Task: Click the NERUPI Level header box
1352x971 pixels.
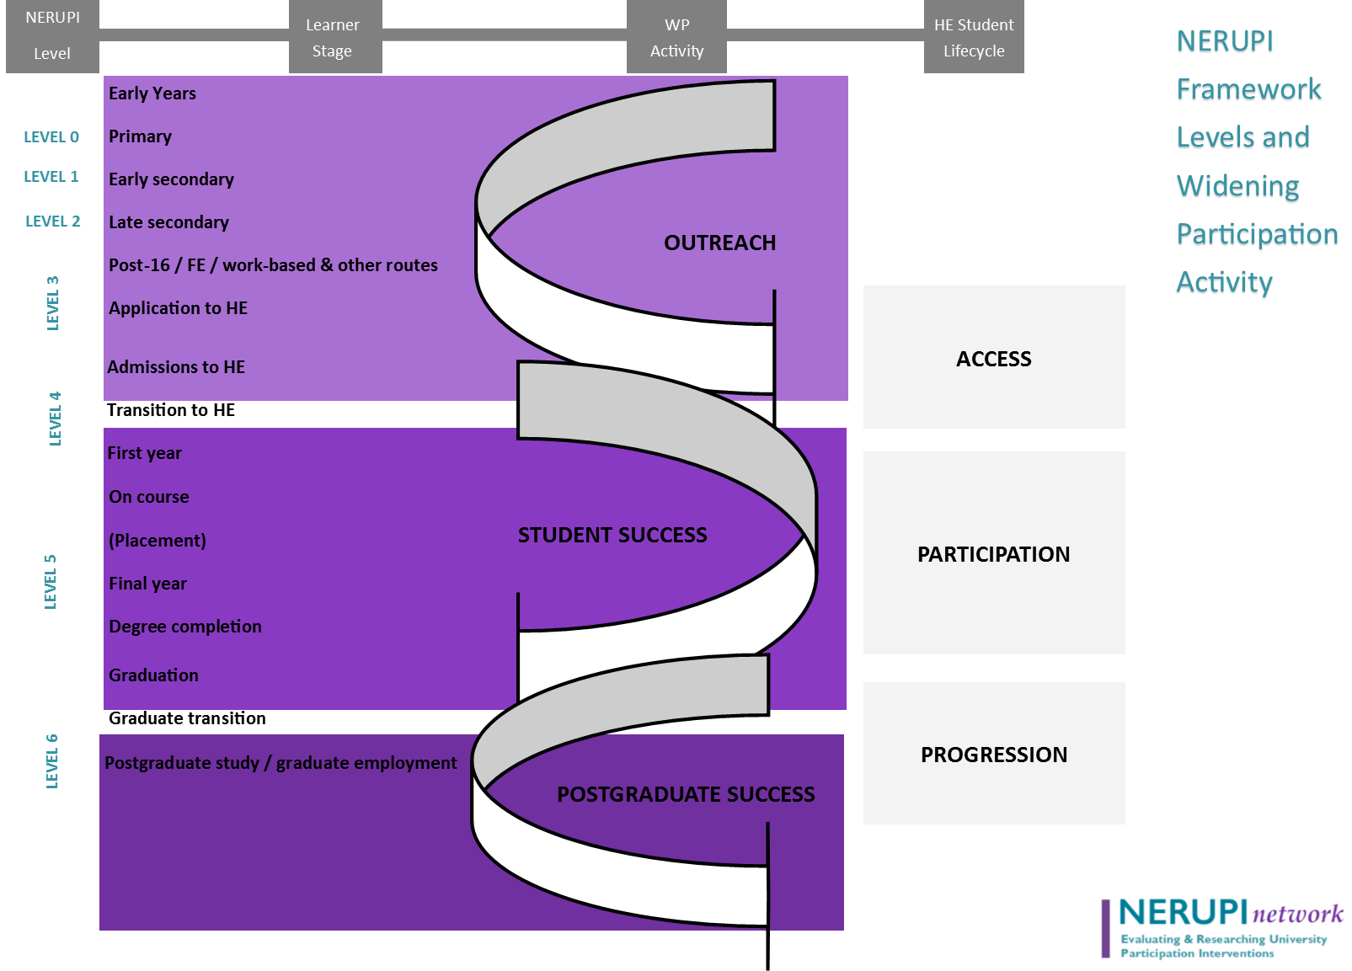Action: (52, 35)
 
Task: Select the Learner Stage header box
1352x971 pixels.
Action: (334, 37)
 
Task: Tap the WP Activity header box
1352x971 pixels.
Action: (676, 37)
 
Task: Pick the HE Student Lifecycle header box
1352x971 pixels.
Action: (974, 37)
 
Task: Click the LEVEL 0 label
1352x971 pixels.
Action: (51, 137)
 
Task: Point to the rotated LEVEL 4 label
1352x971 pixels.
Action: (55, 419)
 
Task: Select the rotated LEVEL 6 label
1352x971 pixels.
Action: (52, 761)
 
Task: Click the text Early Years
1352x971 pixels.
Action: (152, 93)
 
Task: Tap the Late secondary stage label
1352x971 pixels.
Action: (168, 222)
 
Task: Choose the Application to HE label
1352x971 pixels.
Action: (178, 308)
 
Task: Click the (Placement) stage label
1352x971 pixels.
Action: (158, 541)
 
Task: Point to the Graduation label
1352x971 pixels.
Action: (153, 675)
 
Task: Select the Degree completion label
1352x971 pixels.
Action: (185, 627)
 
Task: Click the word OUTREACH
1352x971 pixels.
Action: (719, 243)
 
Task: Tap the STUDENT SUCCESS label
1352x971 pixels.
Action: (612, 536)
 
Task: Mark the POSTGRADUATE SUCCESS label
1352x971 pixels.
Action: (686, 795)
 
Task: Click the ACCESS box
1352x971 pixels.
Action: (994, 358)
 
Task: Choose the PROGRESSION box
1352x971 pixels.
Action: (994, 754)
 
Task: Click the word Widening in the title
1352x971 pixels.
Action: (1237, 187)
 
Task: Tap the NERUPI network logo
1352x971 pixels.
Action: (1225, 931)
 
